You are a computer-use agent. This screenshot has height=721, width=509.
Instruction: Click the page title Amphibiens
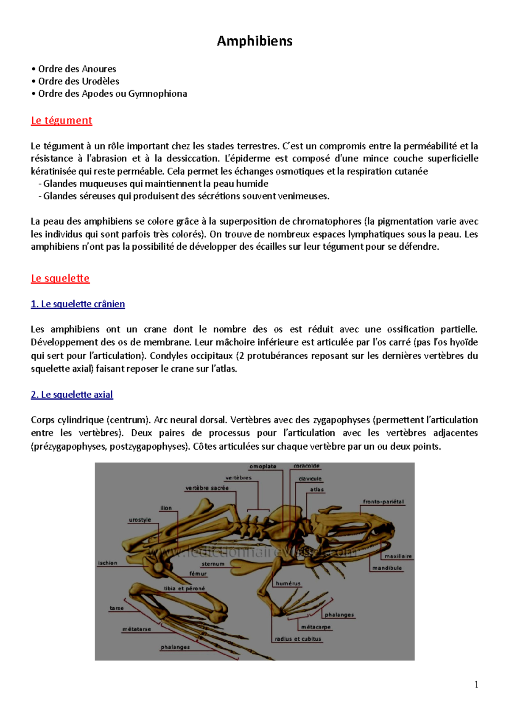255,41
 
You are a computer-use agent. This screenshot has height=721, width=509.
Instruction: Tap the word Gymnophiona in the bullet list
157,93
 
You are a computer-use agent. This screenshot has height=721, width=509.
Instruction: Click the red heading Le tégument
62,121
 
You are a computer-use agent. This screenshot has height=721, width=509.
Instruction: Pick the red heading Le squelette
60,279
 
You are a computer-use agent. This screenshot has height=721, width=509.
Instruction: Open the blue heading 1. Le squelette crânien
78,304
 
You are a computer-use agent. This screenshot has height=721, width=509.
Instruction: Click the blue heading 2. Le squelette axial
72,394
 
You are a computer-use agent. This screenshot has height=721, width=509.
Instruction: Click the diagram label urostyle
140,520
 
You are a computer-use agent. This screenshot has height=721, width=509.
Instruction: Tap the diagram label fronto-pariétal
383,501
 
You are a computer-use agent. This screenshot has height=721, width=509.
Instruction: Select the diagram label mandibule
387,568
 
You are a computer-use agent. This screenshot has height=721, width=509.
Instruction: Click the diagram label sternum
213,564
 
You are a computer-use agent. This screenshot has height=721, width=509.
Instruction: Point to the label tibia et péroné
184,589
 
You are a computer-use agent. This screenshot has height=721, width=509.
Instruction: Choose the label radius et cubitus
298,639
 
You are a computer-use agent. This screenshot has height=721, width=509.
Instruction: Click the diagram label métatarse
137,629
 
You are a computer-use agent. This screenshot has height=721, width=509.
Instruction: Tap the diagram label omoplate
263,466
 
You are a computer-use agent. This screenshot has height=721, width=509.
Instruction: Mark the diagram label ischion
108,563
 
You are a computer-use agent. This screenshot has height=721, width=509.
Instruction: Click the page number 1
476,684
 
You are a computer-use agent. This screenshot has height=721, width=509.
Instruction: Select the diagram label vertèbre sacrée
207,488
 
